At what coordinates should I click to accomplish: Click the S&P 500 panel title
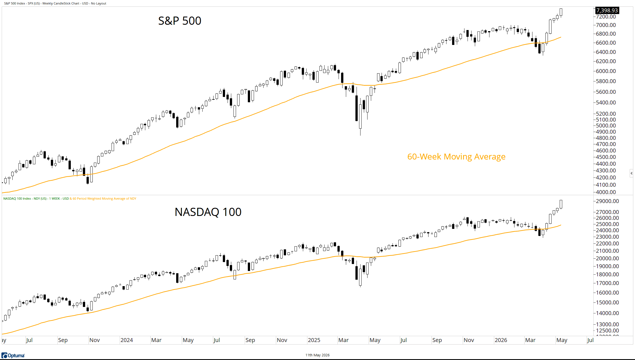click(180, 21)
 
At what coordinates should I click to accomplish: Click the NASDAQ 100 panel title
click(208, 212)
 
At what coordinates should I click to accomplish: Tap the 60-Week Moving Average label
click(456, 156)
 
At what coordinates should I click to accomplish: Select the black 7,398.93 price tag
click(607, 10)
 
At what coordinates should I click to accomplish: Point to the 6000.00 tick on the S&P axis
click(606, 71)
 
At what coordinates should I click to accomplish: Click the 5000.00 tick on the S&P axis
click(606, 126)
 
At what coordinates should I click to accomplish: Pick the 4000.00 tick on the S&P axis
click(606, 192)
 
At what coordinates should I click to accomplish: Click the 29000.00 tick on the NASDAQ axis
click(607, 201)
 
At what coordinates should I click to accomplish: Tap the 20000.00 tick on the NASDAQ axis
click(607, 258)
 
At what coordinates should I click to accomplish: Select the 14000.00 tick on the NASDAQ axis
click(607, 313)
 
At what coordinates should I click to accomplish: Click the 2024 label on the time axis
click(127, 340)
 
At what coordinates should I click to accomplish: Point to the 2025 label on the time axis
click(314, 340)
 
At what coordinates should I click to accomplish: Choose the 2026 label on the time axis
click(501, 340)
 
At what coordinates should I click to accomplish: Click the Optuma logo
click(13, 356)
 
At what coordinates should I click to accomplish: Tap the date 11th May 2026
click(317, 355)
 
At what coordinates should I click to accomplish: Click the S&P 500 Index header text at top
click(55, 3)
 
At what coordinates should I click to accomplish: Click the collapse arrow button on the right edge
click(631, 173)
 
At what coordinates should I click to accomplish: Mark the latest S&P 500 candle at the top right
click(561, 13)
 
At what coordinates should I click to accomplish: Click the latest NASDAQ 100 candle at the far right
click(561, 204)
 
